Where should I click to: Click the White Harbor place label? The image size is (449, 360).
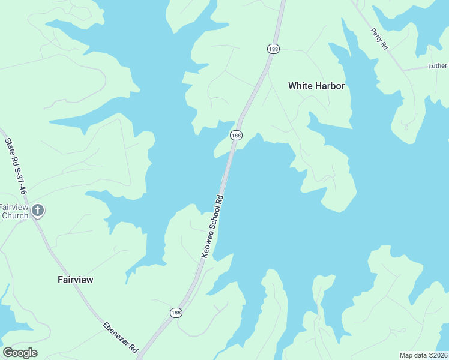[316, 86]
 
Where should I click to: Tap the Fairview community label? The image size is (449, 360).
[76, 280]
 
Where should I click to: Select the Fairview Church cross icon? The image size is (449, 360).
[38, 210]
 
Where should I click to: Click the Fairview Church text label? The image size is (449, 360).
[14, 211]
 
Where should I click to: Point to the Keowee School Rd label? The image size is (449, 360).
[212, 227]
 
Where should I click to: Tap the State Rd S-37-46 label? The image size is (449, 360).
[16, 166]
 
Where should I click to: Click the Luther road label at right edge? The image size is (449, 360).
[438, 66]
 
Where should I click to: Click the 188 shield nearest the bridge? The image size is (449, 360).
[236, 136]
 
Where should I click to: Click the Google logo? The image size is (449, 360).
[20, 353]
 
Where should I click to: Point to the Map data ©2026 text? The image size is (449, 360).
[424, 355]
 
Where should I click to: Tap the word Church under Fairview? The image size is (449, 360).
[15, 215]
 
